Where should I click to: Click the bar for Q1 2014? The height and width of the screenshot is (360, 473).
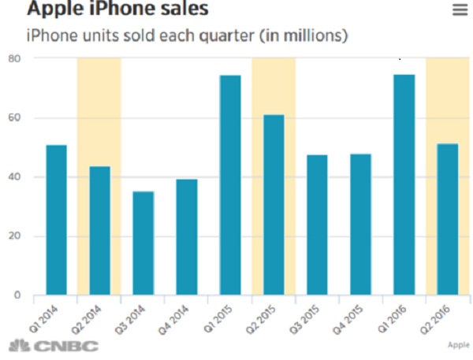point(56,221)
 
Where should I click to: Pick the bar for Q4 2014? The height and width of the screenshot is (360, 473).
point(186,237)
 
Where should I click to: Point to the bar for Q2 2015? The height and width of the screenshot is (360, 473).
point(274,205)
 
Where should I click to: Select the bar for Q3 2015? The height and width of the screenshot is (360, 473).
point(317,225)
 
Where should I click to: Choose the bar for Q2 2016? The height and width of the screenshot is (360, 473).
point(447,220)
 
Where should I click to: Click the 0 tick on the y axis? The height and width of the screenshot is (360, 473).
point(17,295)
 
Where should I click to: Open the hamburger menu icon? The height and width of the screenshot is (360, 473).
point(460,9)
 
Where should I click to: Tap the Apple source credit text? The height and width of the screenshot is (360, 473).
point(457,345)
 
